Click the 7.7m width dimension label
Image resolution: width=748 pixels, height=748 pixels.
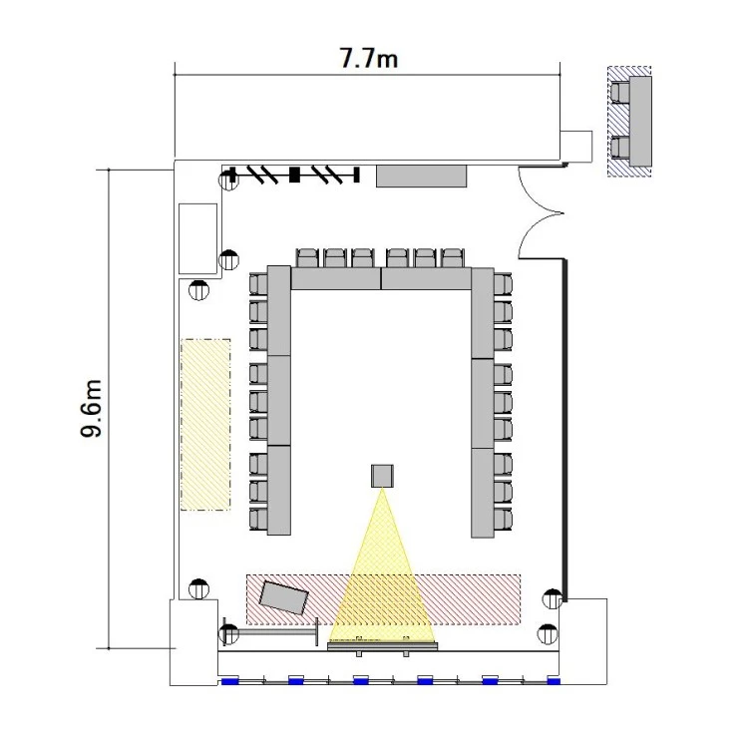click(368, 58)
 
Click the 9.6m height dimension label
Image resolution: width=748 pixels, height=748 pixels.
click(91, 408)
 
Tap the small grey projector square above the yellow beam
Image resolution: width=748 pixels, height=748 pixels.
click(382, 476)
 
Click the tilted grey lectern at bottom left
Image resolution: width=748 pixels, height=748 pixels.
click(284, 596)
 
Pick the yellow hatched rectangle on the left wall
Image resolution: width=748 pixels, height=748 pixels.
click(205, 425)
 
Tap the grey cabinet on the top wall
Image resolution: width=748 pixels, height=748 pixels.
click(421, 176)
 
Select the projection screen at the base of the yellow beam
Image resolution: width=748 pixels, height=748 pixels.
click(383, 646)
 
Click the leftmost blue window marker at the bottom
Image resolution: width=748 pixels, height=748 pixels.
click(230, 680)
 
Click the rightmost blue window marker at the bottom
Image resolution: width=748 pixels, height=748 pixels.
click(554, 680)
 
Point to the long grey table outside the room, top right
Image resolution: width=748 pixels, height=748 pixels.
click(640, 121)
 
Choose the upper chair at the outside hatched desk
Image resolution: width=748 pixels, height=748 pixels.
click(619, 93)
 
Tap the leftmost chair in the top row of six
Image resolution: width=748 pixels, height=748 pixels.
click(307, 257)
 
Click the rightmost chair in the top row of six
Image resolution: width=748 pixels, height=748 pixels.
click(452, 257)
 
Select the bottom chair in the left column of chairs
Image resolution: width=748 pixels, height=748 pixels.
click(258, 519)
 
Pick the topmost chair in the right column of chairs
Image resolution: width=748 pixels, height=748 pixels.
click(503, 284)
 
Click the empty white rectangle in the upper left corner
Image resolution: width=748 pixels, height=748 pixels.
click(198, 238)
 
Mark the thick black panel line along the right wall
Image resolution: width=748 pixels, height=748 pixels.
click(564, 430)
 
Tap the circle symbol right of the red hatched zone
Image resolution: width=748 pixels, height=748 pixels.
click(553, 599)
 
